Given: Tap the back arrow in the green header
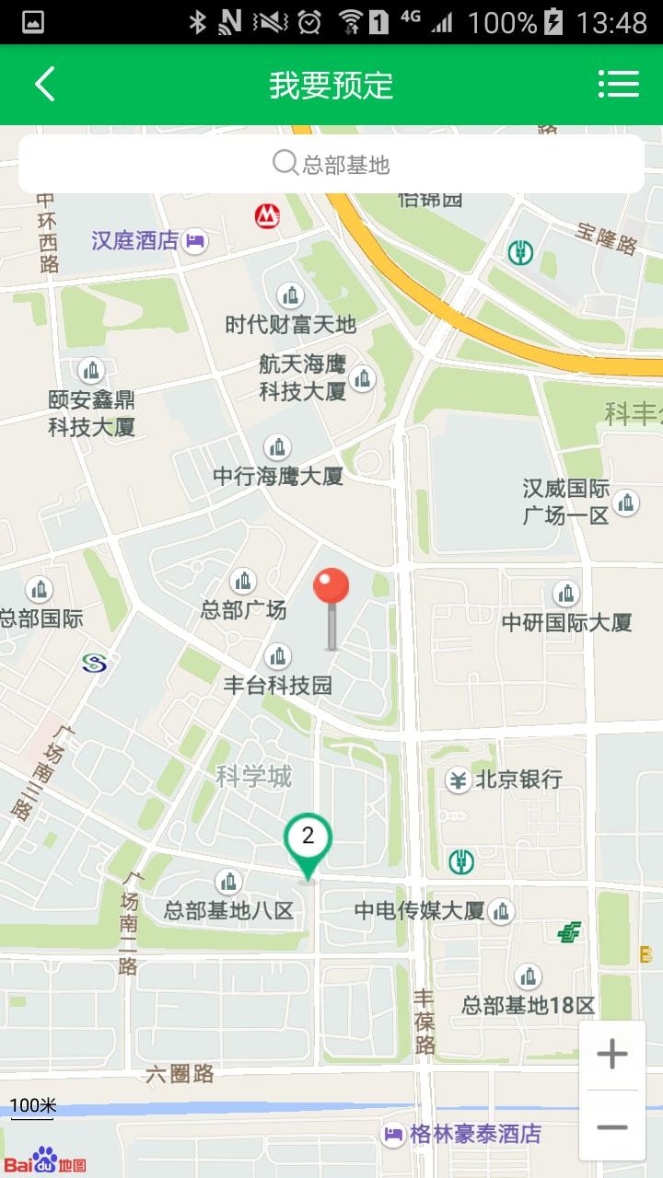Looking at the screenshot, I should (44, 85).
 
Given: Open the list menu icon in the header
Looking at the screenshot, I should (618, 85).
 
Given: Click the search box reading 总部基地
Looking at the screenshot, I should (331, 165).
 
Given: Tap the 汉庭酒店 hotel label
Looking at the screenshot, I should (135, 241).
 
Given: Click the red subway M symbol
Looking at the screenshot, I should (267, 216).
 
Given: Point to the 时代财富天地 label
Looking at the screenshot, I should (290, 324).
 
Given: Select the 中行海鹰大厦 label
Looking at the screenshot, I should (278, 476).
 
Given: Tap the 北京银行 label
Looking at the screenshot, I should (518, 780).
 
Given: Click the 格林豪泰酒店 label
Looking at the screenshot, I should (474, 1134).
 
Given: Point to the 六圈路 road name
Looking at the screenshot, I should (180, 1074).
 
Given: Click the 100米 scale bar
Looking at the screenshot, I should (33, 1107).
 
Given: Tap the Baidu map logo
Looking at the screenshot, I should (46, 1161).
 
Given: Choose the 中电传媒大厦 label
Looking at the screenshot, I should (420, 911).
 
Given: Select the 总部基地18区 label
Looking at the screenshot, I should (529, 1005).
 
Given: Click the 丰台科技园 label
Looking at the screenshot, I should (278, 685).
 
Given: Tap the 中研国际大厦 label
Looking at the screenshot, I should (566, 622).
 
